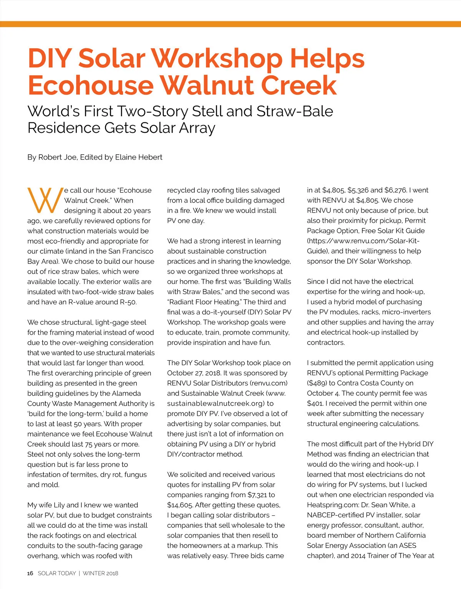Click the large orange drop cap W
(45, 200)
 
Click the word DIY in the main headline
(50, 58)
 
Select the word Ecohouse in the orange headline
(91, 85)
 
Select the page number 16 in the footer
(30, 573)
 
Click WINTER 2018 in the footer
(100, 573)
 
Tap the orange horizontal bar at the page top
(230, 24)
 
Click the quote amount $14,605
(180, 505)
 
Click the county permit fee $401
(315, 403)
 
